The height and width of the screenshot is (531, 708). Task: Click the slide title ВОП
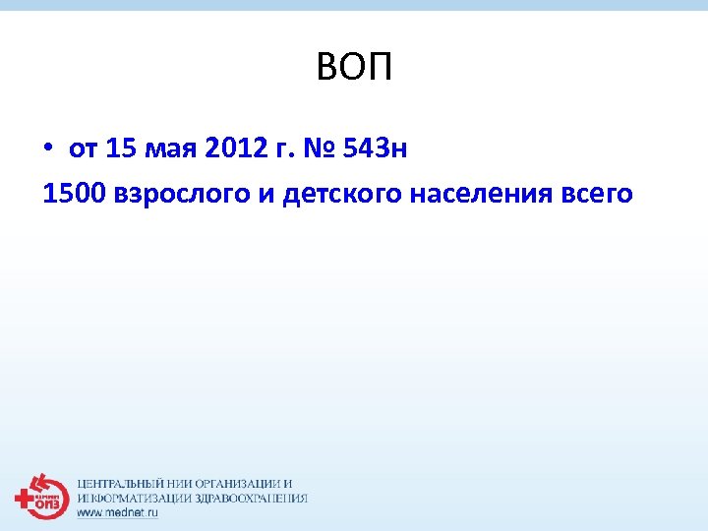[354, 69]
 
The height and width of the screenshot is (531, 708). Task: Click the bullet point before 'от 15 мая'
[48, 149]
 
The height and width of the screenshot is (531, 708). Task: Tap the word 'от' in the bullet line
[83, 149]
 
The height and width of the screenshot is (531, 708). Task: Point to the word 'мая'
[170, 149]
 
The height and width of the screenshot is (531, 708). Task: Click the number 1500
[75, 194]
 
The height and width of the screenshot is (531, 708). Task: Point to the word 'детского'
[339, 195]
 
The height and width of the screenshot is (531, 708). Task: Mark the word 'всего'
[598, 195]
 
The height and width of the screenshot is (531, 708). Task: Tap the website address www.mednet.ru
[117, 512]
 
